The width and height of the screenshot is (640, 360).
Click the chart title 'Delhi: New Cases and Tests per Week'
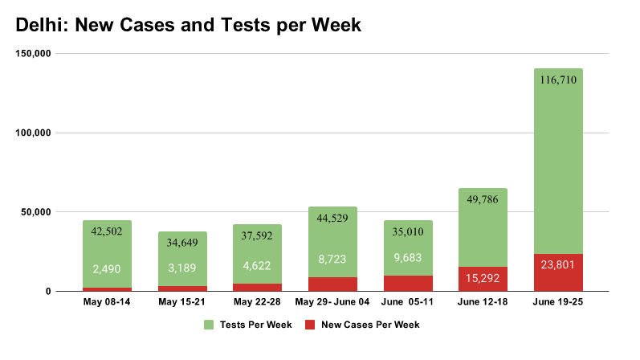[189, 25]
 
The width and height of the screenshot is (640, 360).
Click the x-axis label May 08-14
[107, 303]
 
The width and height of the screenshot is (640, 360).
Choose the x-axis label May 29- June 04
[332, 303]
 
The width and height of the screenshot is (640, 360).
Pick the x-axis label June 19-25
[558, 303]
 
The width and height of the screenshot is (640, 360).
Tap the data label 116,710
[558, 80]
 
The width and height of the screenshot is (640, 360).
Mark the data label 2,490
[107, 270]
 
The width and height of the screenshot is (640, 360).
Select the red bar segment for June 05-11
[407, 283]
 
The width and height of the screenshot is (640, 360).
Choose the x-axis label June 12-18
[483, 303]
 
